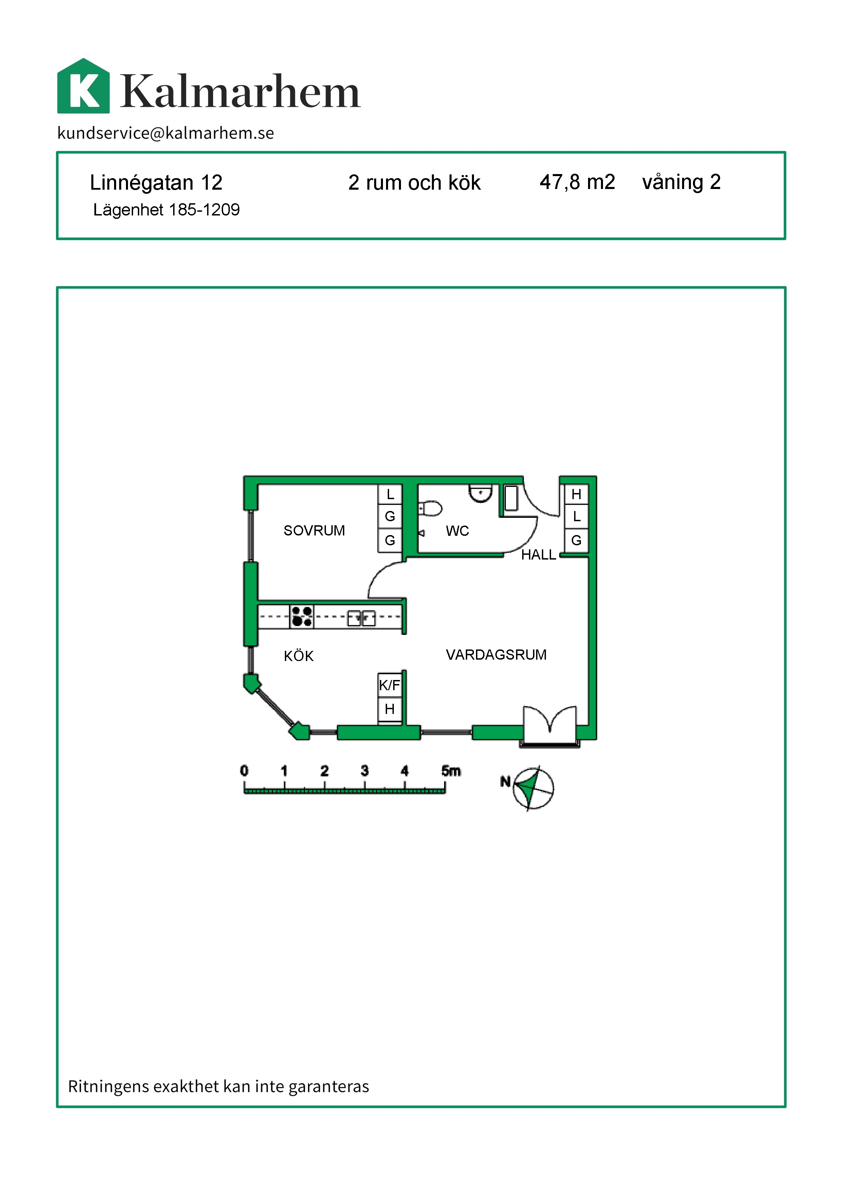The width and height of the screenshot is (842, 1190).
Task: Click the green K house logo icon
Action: [84, 86]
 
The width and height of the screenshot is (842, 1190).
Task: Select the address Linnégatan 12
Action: [156, 183]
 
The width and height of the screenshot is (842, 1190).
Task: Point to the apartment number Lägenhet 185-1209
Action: [166, 210]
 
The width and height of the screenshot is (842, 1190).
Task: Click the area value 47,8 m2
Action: [577, 182]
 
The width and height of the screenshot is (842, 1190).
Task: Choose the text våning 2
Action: [681, 182]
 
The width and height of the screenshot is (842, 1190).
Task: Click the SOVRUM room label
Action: [314, 531]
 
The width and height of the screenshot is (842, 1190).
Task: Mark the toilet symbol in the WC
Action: [430, 508]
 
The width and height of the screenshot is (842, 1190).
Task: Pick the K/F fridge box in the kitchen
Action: [389, 685]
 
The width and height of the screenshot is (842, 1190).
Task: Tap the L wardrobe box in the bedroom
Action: [390, 494]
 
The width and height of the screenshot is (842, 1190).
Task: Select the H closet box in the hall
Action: [576, 494]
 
